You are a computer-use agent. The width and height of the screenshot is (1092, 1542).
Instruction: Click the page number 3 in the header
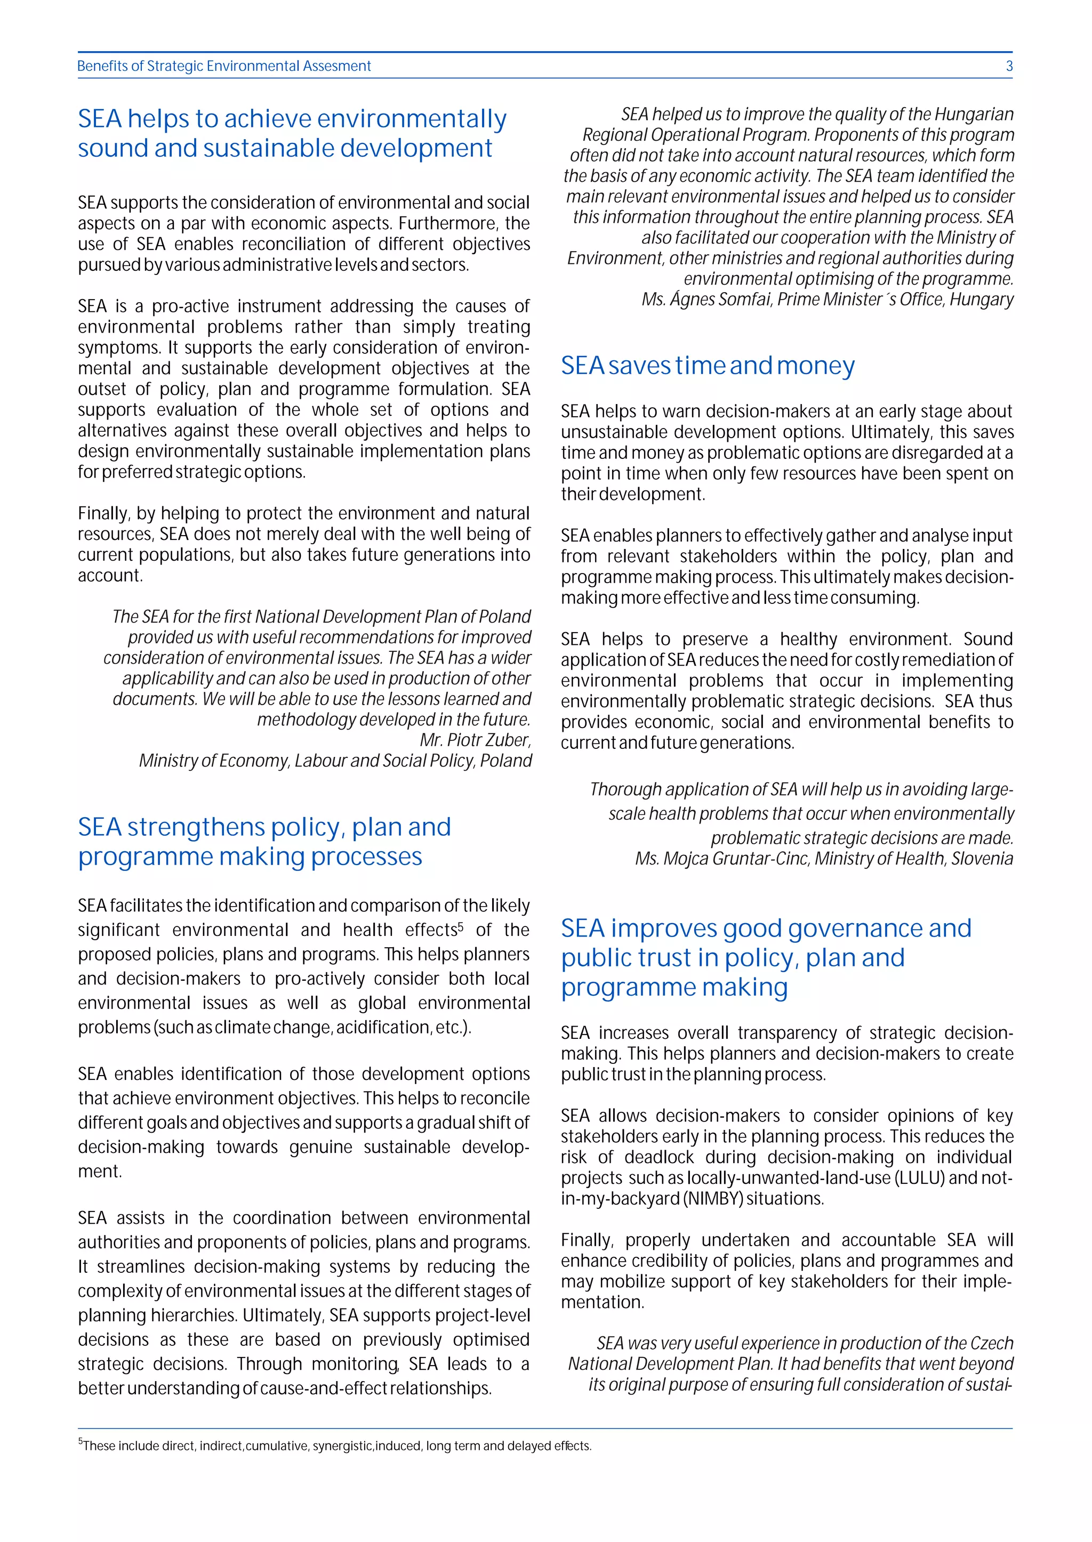(1009, 66)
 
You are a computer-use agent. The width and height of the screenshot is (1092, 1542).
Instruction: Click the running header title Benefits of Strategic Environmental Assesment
(224, 66)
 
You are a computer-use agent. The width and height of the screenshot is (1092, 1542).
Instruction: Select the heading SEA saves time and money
(708, 366)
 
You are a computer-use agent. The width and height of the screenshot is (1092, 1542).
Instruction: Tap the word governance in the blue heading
(855, 929)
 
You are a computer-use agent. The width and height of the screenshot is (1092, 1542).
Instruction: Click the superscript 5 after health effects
(461, 926)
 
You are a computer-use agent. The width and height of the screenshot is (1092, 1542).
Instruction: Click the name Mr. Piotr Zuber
(475, 740)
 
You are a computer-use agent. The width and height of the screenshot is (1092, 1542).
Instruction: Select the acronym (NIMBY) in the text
(713, 1199)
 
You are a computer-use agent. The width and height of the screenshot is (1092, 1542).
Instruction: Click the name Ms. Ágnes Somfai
(706, 299)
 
